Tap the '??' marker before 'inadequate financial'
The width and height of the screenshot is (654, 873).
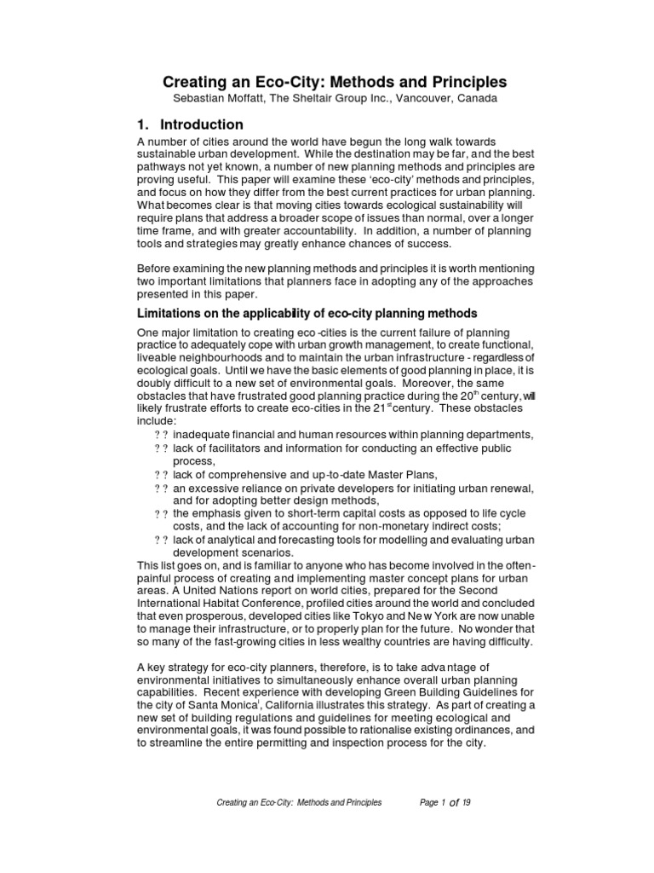pos(160,434)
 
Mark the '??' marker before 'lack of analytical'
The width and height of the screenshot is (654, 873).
pos(160,541)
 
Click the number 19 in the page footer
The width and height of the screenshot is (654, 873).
pos(467,802)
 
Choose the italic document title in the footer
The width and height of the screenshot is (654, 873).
pos(299,802)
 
